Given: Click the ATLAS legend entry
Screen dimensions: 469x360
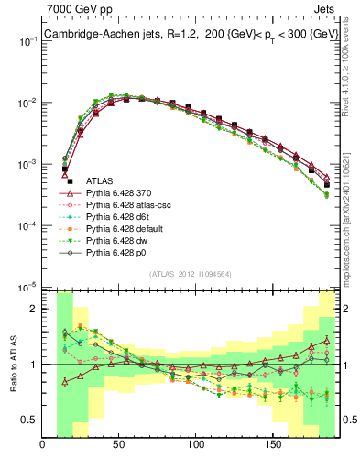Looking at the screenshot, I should click(101, 181).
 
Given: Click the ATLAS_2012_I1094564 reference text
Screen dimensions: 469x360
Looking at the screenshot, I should click(190, 275).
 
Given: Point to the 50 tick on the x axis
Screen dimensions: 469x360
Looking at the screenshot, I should click(119, 446).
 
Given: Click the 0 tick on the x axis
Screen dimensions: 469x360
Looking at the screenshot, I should click(43, 446).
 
